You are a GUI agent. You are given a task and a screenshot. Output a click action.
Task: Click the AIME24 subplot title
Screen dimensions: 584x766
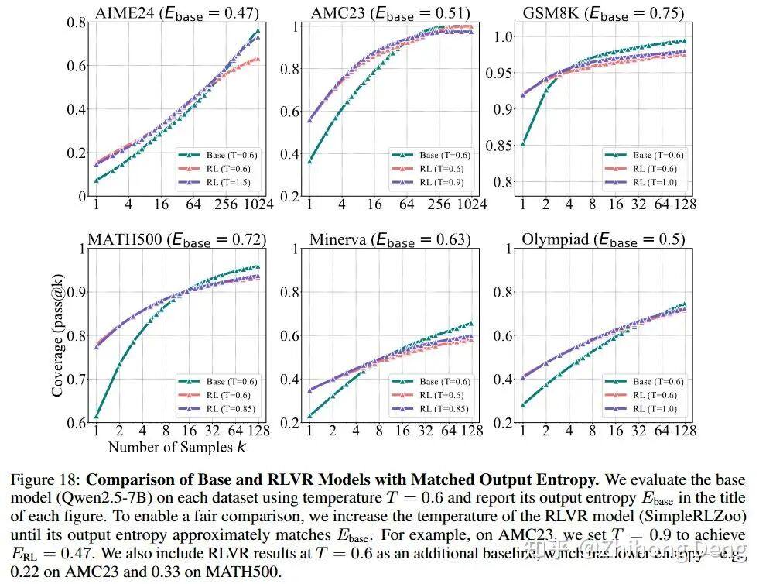pyautogui.click(x=176, y=12)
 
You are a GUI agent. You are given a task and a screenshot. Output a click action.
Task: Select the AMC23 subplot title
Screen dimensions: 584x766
pyautogui.click(x=390, y=12)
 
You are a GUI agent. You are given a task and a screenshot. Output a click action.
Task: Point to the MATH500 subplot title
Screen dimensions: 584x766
pyautogui.click(x=176, y=239)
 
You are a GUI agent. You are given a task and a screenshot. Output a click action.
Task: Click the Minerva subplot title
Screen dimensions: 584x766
pyautogui.click(x=390, y=239)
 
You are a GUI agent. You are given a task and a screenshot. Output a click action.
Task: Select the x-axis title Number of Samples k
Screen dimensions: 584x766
pyautogui.click(x=177, y=447)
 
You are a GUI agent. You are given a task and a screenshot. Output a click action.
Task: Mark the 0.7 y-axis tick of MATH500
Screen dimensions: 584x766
pyautogui.click(x=74, y=380)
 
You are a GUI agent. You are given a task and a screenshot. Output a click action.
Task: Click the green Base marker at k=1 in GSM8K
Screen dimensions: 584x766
pyautogui.click(x=522, y=143)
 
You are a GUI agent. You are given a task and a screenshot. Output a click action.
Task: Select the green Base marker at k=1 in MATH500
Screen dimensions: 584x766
pyautogui.click(x=97, y=416)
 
